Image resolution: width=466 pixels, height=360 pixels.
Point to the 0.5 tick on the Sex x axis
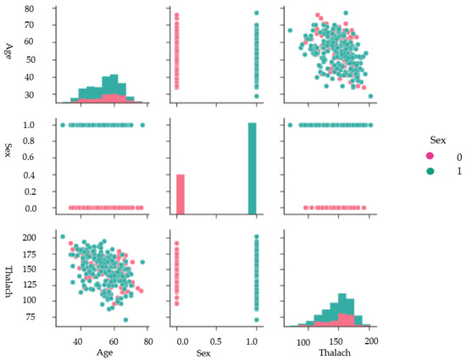[x=216, y=341]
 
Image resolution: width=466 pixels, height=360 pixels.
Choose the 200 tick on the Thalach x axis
[x=370, y=341]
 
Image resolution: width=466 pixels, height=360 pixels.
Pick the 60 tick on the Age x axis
[x=114, y=341]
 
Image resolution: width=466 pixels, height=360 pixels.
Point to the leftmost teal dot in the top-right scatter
[x=290, y=30]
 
